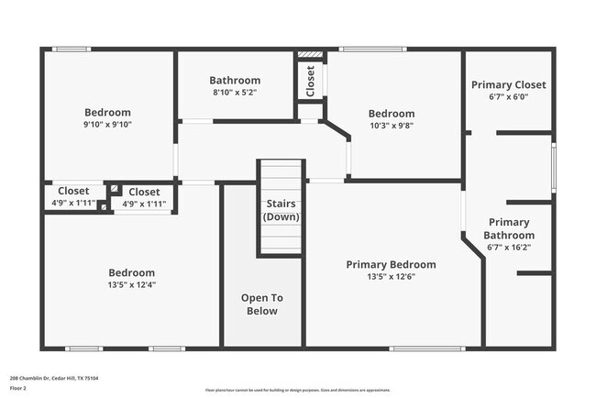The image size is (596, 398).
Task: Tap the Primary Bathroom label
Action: (508, 228)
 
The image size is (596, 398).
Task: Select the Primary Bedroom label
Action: (391, 264)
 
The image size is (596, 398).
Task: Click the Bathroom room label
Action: (235, 80)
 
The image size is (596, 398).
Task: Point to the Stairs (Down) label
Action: (281, 210)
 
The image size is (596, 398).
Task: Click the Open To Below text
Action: (261, 304)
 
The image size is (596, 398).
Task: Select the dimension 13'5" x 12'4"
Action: (131, 285)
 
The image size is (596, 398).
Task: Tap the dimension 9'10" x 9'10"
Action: (107, 125)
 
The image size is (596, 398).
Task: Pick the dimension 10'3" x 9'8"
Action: (392, 126)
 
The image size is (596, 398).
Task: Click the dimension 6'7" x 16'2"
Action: (508, 247)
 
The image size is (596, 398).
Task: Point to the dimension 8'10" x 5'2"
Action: (235, 92)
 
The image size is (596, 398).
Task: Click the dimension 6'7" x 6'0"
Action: (508, 96)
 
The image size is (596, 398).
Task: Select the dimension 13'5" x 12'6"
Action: (391, 276)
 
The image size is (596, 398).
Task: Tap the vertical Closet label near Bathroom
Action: (310, 81)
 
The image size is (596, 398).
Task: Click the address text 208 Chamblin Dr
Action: (54, 377)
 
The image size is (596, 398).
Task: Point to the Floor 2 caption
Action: (18, 388)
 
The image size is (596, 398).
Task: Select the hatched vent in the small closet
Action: (311, 54)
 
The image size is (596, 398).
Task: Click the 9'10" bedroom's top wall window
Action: (71, 49)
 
